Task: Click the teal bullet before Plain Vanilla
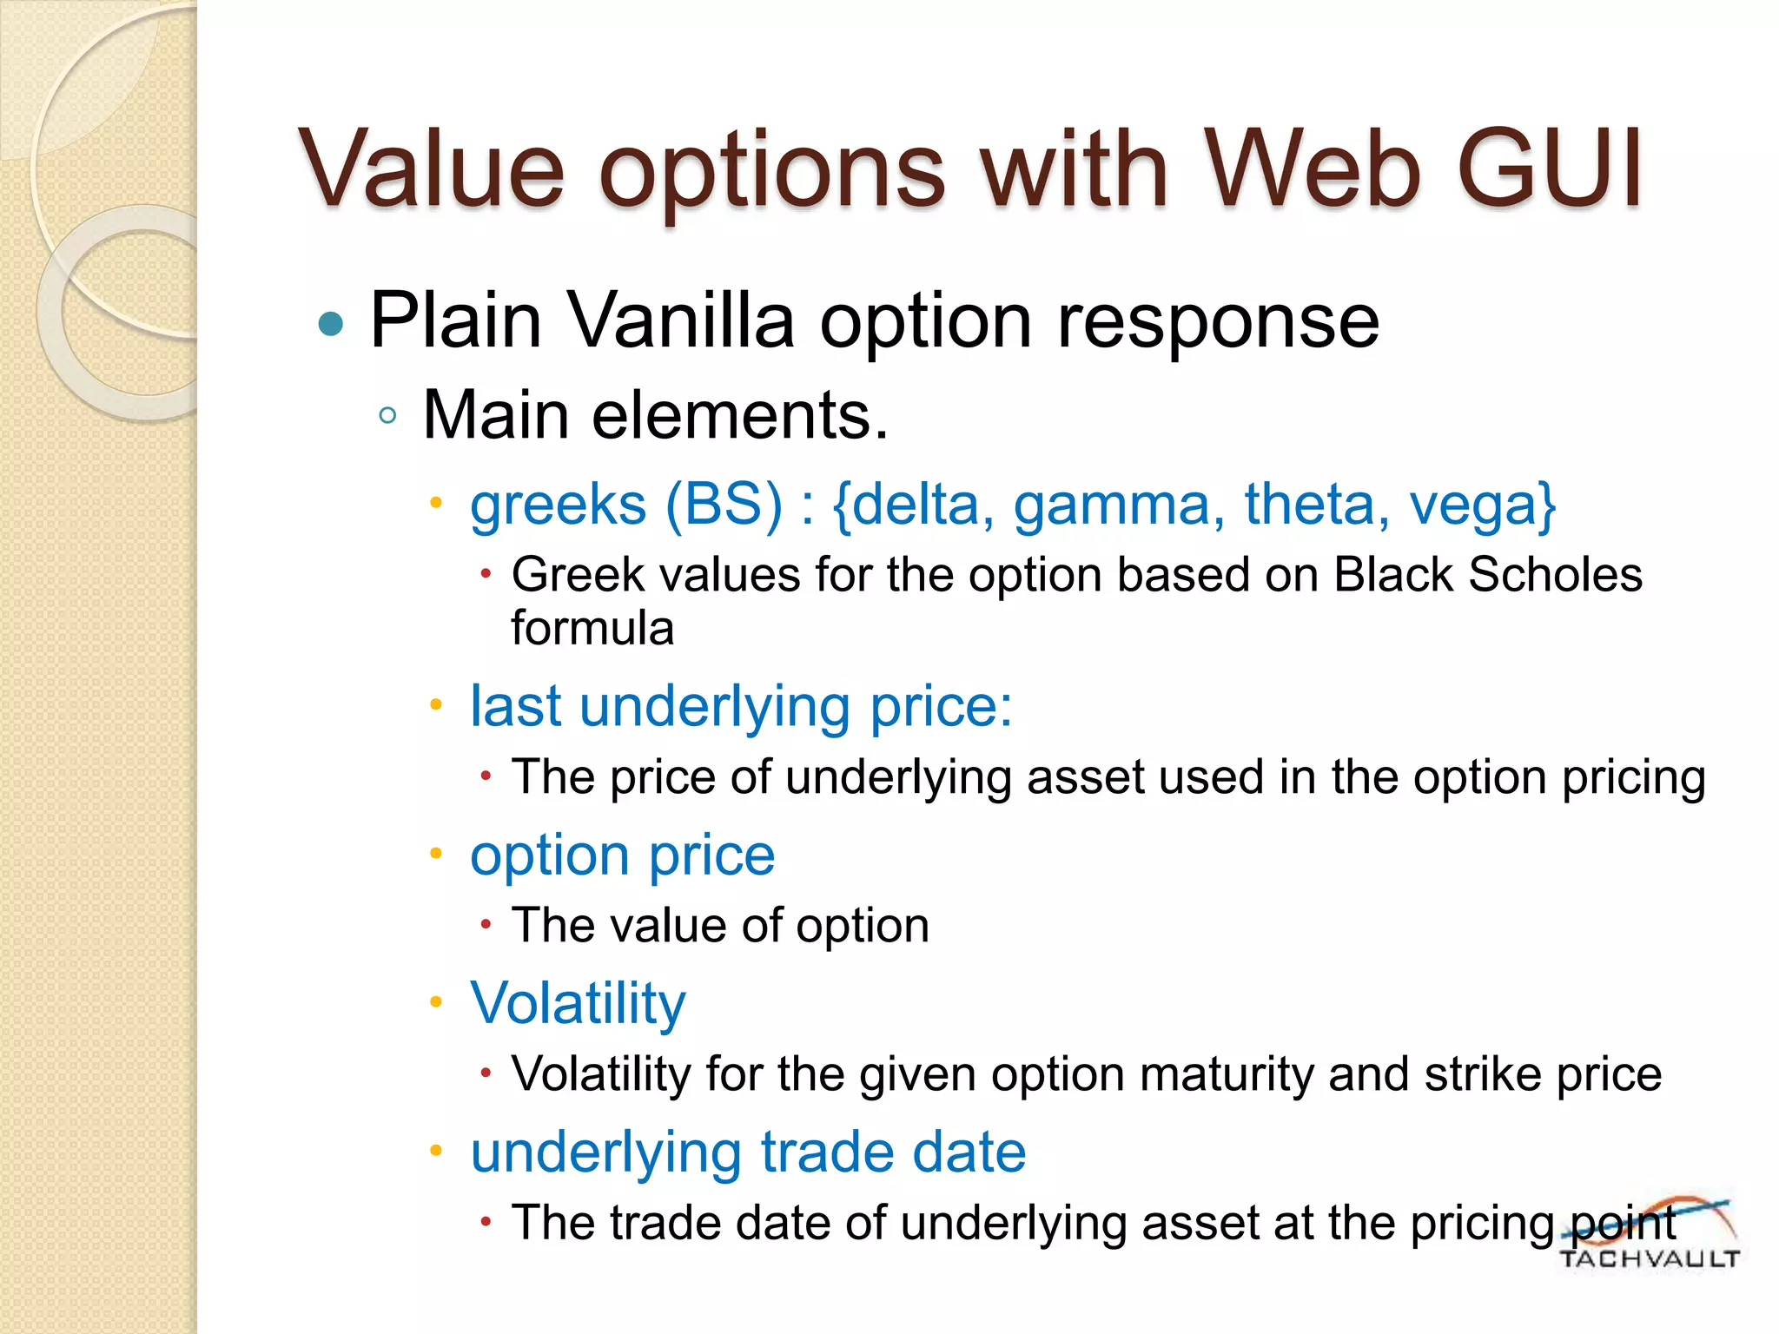click(331, 324)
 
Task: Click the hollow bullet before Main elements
click(388, 416)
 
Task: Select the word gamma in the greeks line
click(1119, 505)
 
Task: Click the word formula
click(592, 628)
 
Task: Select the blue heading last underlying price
click(740, 705)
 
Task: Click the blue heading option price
click(622, 855)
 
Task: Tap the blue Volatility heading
click(578, 1002)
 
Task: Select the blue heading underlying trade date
click(748, 1152)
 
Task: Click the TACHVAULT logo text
click(1649, 1258)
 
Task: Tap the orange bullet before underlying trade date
click(436, 1152)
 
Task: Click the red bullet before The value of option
click(486, 925)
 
